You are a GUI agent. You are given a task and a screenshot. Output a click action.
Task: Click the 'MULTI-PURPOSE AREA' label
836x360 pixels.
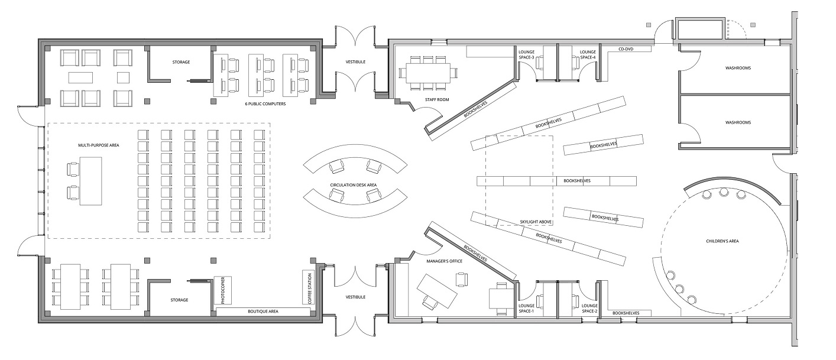click(x=95, y=144)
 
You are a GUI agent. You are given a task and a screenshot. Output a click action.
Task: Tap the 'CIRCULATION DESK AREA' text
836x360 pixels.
click(x=354, y=185)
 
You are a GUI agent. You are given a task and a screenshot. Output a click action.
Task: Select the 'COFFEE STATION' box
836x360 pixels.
click(x=308, y=287)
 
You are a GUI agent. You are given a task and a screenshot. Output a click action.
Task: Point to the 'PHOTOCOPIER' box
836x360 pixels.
click(x=223, y=290)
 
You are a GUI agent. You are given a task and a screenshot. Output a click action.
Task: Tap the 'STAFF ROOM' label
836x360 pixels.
click(x=437, y=100)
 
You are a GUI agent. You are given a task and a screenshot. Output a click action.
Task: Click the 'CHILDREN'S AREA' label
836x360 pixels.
click(x=722, y=241)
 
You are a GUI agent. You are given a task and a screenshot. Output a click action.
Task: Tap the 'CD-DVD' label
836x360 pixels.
click(x=626, y=50)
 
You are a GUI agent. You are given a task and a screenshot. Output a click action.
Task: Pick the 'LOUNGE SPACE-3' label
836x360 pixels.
click(x=526, y=54)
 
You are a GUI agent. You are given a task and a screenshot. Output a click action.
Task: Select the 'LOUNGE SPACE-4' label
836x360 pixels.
click(x=588, y=54)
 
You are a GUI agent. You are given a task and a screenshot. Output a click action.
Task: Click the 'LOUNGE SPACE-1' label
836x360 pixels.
click(x=526, y=308)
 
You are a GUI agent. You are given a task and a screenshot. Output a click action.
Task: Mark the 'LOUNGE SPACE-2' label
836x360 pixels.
click(x=589, y=308)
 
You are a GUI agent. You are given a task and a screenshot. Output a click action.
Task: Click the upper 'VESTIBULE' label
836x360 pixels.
click(x=356, y=61)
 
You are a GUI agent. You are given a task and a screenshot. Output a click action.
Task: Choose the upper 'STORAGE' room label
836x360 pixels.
click(x=181, y=61)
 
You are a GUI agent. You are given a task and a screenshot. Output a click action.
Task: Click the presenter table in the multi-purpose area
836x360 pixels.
click(x=90, y=181)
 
